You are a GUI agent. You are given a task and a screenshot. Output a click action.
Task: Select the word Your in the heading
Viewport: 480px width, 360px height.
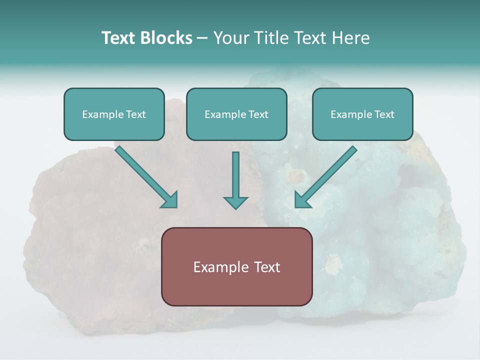coord(230,38)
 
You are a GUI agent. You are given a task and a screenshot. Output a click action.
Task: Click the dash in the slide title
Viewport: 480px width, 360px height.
coord(202,38)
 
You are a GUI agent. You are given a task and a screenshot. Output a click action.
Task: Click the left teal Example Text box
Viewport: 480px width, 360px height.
coord(114,114)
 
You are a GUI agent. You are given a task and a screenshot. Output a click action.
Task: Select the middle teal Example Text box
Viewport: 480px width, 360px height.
coord(236,114)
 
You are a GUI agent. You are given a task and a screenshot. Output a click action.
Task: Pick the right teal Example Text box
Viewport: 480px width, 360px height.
coord(362,114)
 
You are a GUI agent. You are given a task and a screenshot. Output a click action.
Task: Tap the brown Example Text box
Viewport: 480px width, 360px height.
coord(236,266)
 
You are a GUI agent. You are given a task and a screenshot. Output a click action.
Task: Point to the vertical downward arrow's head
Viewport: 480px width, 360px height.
coord(235,202)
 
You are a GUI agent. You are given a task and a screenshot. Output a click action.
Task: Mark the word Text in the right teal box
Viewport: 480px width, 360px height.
coord(384,114)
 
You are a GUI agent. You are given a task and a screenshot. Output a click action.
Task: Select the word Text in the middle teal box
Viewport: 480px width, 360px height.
coord(258,114)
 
